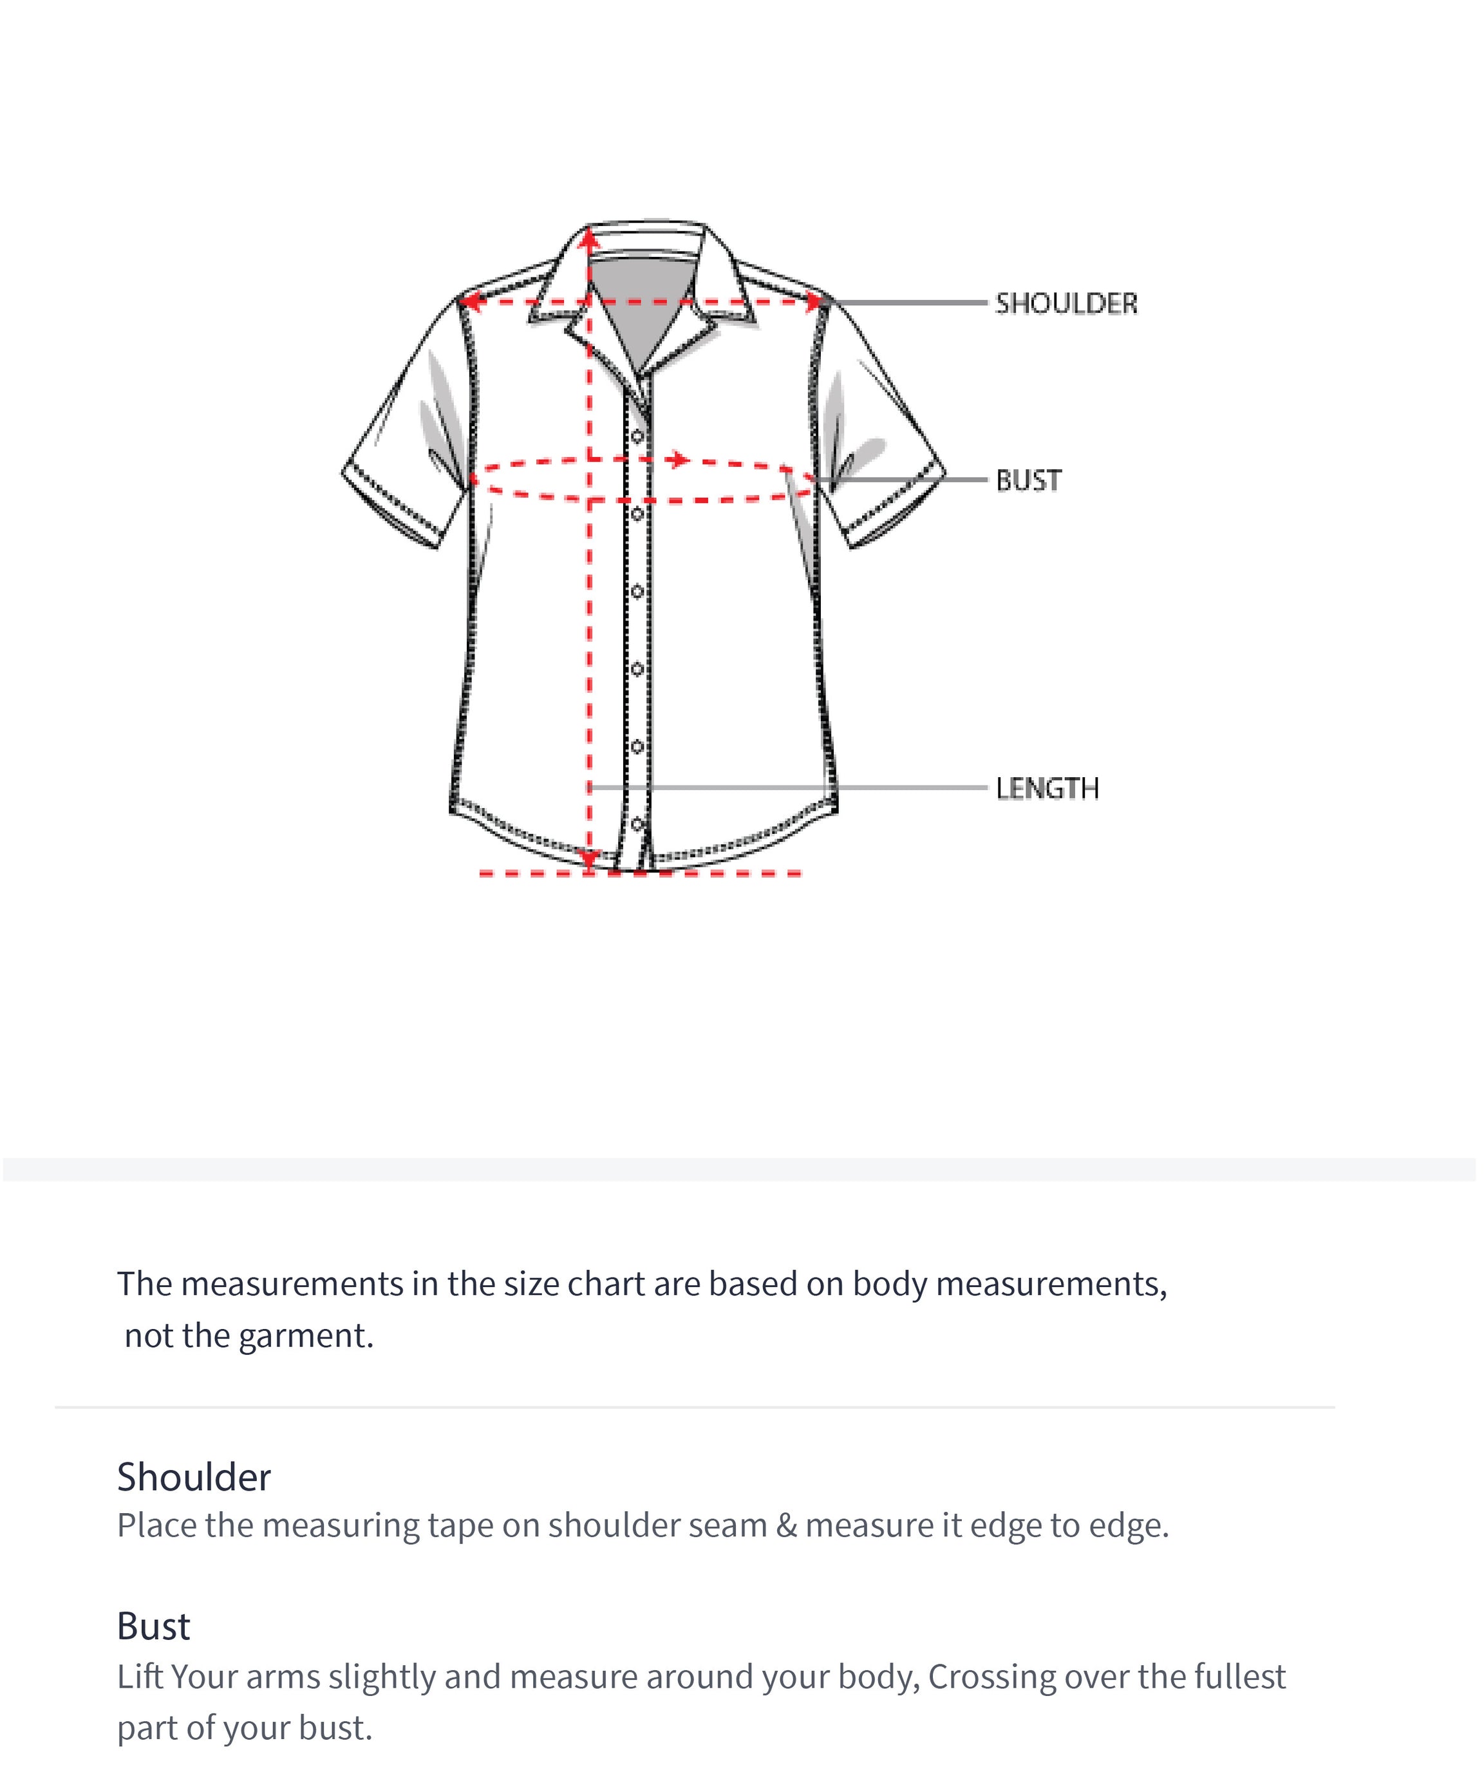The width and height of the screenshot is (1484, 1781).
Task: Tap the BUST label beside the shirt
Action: tap(1028, 480)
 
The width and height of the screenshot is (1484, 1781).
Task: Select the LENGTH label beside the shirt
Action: tap(1046, 788)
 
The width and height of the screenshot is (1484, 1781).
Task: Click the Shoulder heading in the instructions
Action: tap(193, 1476)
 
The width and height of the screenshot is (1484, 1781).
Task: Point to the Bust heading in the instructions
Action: tap(153, 1626)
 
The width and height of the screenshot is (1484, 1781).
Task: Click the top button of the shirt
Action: tap(637, 437)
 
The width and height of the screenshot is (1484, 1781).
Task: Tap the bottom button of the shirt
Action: tap(637, 823)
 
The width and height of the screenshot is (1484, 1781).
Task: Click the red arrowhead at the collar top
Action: tap(589, 241)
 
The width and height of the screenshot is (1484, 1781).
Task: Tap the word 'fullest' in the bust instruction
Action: tap(1240, 1677)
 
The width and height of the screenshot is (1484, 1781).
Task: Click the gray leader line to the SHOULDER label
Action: tap(907, 302)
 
